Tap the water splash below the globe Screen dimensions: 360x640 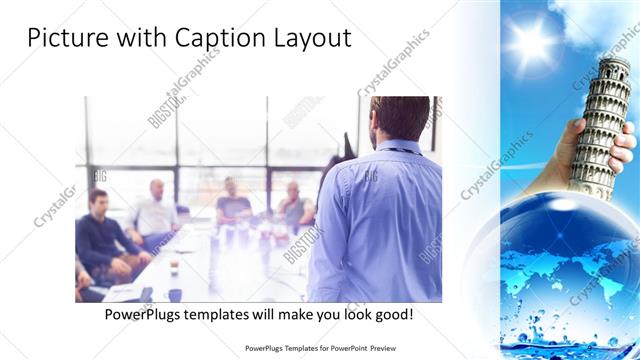(x=560, y=335)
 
